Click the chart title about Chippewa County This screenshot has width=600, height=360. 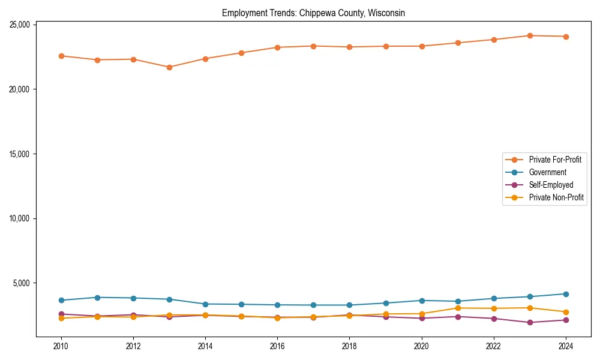[x=313, y=13]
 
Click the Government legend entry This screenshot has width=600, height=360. [x=547, y=172]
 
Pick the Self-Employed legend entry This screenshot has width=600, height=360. [x=551, y=185]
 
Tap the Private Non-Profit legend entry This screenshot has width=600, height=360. [x=556, y=197]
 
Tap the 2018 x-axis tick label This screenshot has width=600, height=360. [x=349, y=346]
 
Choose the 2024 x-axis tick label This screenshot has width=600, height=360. [x=566, y=346]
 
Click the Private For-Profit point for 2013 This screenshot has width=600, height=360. [x=169, y=67]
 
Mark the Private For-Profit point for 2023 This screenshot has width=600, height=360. [x=530, y=35]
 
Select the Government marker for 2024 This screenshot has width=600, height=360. [x=566, y=294]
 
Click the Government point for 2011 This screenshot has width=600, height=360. [x=97, y=297]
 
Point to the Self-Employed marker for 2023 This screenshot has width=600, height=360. [x=530, y=323]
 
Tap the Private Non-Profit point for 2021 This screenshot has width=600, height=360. [x=458, y=308]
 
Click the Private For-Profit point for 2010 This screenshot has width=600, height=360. [x=61, y=56]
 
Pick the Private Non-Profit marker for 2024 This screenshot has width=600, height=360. [x=566, y=312]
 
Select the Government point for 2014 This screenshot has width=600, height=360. [x=205, y=304]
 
